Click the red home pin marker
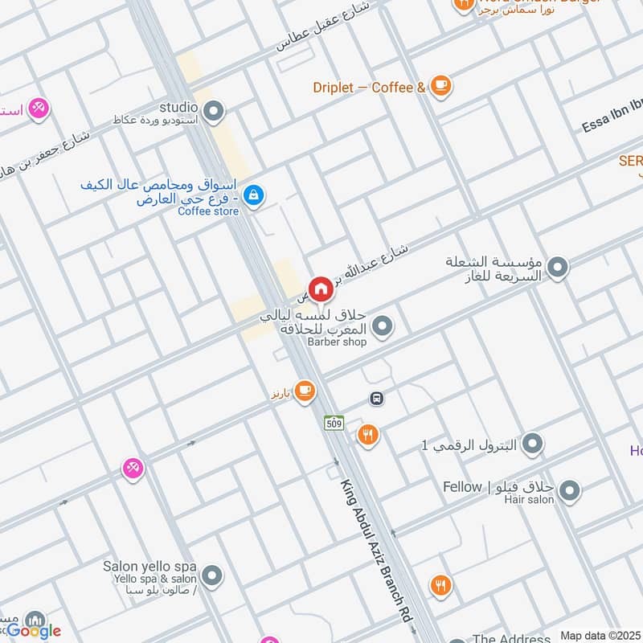click(x=321, y=288)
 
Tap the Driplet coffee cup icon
click(x=440, y=85)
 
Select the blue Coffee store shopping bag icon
click(x=253, y=195)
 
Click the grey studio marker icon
click(x=213, y=112)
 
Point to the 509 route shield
click(x=334, y=422)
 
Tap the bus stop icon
click(x=375, y=398)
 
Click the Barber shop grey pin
click(x=383, y=326)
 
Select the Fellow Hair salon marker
click(x=569, y=490)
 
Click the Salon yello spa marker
click(x=212, y=575)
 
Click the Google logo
click(x=34, y=631)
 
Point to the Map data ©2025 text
click(x=601, y=636)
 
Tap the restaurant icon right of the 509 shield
click(x=368, y=435)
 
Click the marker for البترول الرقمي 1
click(x=531, y=443)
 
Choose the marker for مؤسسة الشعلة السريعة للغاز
click(x=557, y=268)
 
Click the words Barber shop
click(x=337, y=342)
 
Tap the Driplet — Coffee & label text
click(x=369, y=87)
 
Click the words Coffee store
click(x=208, y=211)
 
